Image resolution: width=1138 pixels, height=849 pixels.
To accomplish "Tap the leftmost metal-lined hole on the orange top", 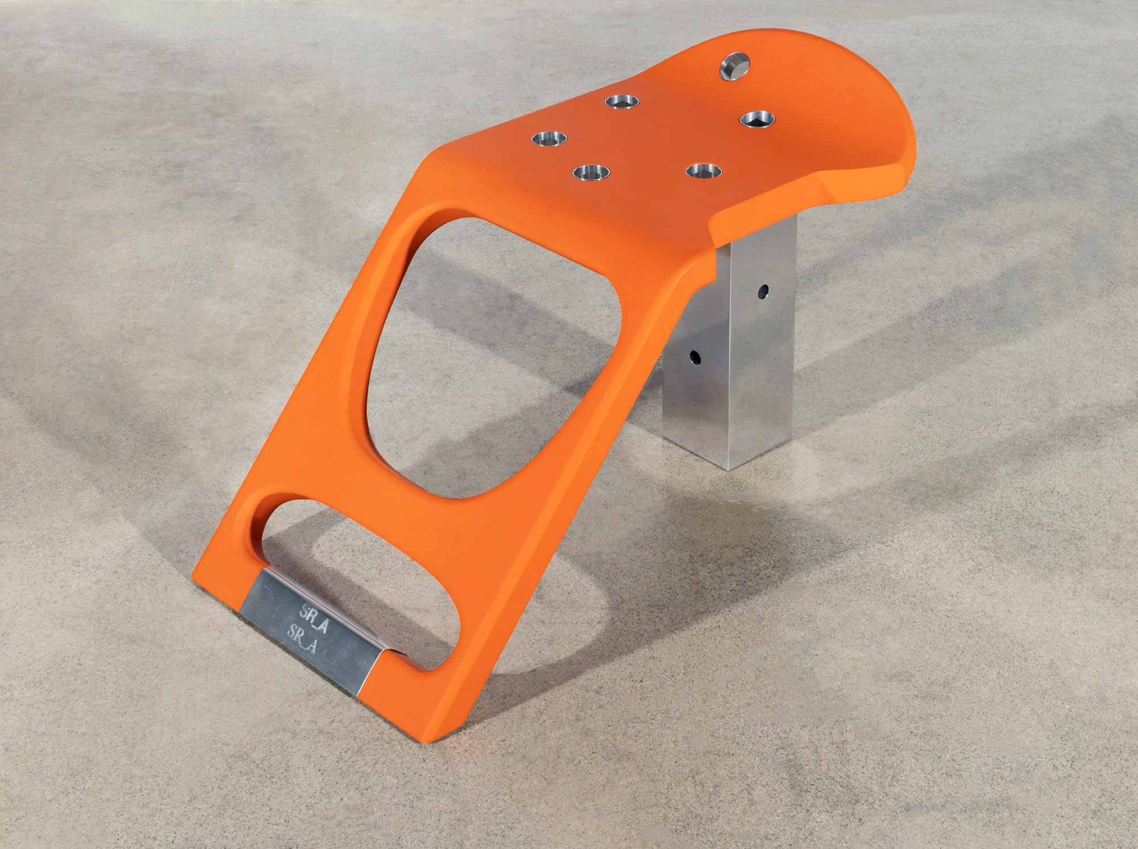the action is pos(550,138).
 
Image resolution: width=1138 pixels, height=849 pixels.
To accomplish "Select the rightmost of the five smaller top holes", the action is pos(757,119).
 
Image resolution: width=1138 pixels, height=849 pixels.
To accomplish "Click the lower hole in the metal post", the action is pos(695,357).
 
